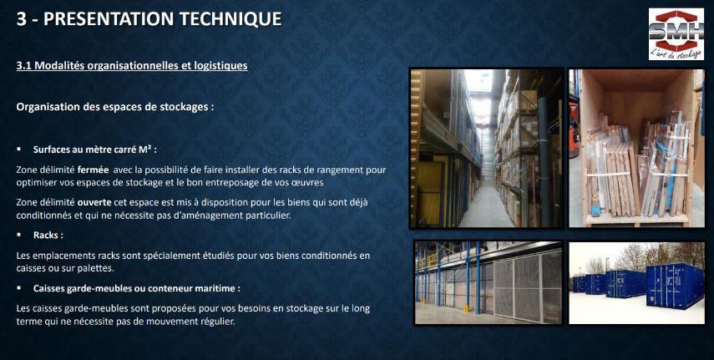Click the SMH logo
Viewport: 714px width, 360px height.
tap(676, 34)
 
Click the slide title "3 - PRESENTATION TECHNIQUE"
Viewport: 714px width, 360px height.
tap(149, 18)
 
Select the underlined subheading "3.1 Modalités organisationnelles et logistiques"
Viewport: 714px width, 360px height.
tap(132, 66)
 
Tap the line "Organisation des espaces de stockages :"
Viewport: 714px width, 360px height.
tap(115, 107)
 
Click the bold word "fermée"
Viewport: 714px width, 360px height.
tap(93, 170)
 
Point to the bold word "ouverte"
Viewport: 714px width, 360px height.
tap(94, 202)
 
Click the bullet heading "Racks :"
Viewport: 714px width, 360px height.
tap(48, 236)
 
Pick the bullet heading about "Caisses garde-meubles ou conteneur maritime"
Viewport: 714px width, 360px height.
tap(137, 288)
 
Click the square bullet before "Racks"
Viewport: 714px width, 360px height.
tap(19, 235)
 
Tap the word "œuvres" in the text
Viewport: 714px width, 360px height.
tap(308, 182)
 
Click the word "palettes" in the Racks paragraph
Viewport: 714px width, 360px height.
tap(96, 268)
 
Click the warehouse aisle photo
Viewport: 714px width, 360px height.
tap(486, 148)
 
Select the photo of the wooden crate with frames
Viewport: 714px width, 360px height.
tap(636, 148)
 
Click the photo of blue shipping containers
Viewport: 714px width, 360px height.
tap(636, 282)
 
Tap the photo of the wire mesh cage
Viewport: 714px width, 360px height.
tap(488, 282)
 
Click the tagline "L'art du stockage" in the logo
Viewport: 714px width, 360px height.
tap(676, 53)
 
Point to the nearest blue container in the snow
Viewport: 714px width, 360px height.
tap(675, 285)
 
